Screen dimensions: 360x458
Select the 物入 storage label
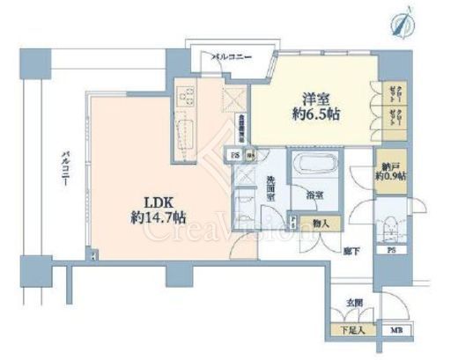pos(321,224)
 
